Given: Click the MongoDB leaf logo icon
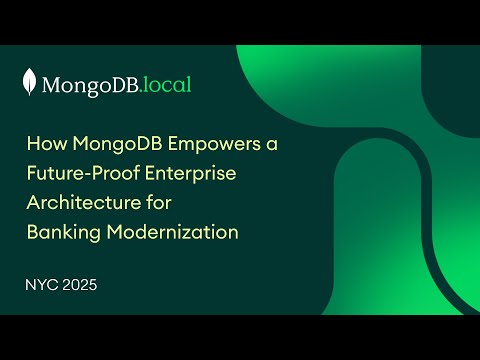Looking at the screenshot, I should [31, 83].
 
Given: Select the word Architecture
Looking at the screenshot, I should [80, 203].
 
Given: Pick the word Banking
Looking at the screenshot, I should [60, 232].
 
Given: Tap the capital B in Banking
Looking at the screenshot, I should [31, 232].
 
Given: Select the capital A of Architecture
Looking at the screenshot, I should [32, 203].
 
